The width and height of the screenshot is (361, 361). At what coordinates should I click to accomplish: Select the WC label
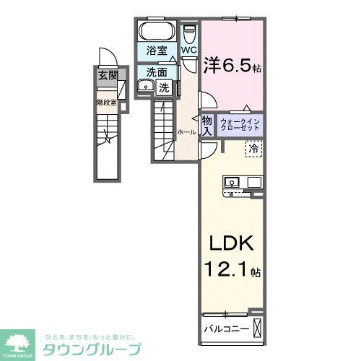pos(188,50)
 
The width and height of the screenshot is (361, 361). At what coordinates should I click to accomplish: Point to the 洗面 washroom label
pos(157,71)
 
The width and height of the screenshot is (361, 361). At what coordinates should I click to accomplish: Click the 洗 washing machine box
pos(164,87)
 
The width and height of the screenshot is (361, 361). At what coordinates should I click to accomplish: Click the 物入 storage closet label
pos(206,126)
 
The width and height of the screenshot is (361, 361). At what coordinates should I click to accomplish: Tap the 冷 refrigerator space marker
pos(253,149)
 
